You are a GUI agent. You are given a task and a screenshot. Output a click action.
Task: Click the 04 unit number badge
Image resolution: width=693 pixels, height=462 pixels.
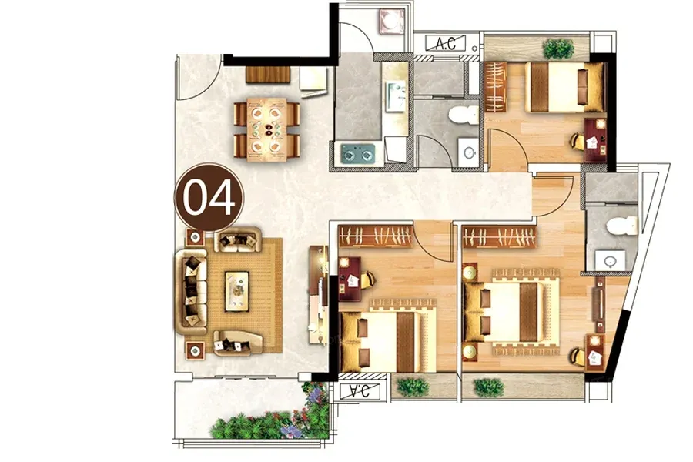(x=209, y=198)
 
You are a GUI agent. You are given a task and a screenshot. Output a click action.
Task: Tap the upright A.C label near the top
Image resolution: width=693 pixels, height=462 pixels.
(x=446, y=43)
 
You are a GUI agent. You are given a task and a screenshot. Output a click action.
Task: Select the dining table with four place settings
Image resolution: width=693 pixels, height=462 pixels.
(x=266, y=129)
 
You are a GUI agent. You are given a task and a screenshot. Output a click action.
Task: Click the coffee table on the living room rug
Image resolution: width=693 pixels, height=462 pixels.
(x=237, y=290)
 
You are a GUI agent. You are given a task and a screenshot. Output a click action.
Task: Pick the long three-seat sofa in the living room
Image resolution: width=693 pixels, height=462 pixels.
(x=191, y=292)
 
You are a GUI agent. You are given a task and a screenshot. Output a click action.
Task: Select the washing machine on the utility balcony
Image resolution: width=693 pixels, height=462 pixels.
(x=392, y=20)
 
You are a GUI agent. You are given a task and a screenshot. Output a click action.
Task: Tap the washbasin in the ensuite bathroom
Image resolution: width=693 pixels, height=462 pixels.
(x=610, y=260)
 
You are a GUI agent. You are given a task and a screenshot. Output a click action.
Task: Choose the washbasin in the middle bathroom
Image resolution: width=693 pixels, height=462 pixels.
(x=468, y=152)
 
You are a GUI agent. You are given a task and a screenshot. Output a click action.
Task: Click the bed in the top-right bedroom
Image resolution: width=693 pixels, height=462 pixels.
(x=564, y=87)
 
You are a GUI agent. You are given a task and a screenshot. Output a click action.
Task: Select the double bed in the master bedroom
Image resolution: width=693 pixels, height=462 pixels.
(x=511, y=312)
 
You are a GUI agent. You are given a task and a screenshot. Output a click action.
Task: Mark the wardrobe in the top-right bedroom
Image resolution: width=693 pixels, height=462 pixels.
(x=495, y=87)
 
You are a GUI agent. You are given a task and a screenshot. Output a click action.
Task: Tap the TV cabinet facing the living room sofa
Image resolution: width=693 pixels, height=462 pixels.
(x=318, y=294)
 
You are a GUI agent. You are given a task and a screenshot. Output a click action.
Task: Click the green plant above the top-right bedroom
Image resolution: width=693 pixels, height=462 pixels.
(x=558, y=49)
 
